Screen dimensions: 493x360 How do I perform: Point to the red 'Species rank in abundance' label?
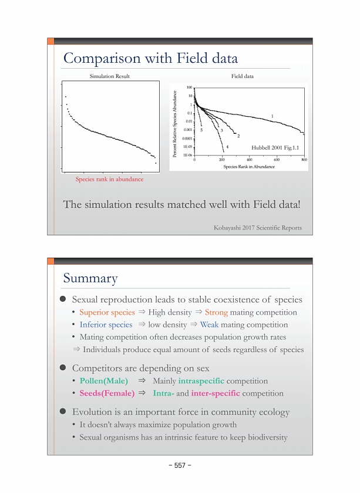coord(110,179)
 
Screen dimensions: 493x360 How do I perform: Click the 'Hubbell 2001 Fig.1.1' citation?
coord(275,147)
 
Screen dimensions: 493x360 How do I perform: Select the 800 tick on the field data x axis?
coord(304,160)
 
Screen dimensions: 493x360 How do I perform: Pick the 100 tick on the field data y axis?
coord(190,87)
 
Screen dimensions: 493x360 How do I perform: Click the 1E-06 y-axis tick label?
coord(189,155)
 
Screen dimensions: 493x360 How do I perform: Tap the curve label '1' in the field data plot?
coord(272,115)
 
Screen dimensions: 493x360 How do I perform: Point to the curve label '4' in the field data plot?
coord(227,146)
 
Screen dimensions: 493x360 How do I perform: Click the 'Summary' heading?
coord(90,278)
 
